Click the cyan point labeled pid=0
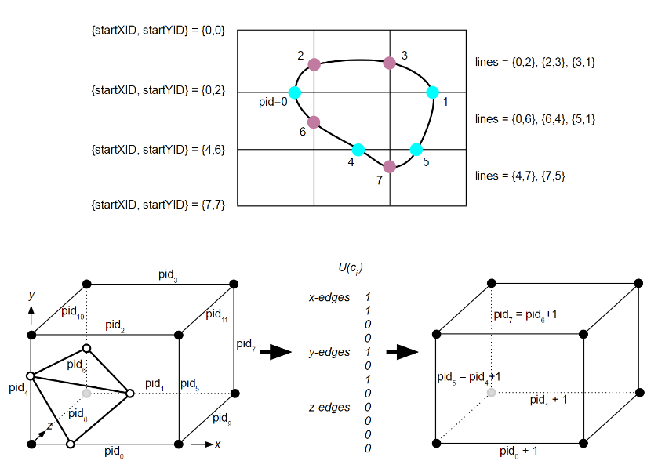click(295, 93)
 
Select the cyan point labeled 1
click(432, 93)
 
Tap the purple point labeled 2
click(314, 64)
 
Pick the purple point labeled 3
click(389, 63)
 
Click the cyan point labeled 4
click(358, 150)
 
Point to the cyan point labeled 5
click(416, 150)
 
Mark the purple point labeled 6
click(314, 122)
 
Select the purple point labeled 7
click(389, 166)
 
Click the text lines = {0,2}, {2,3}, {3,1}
click(536, 61)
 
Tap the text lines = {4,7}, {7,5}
click(520, 176)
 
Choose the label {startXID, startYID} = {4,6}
click(158, 148)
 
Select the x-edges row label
click(329, 297)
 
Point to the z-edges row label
click(329, 407)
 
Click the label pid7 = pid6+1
click(525, 314)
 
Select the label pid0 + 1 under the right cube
click(518, 452)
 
